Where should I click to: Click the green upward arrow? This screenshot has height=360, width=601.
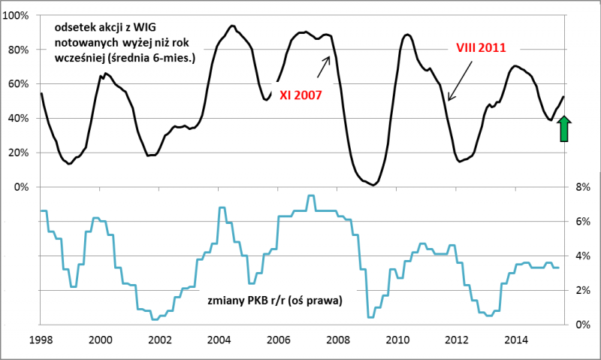click(565, 129)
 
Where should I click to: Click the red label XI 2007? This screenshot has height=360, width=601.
click(300, 95)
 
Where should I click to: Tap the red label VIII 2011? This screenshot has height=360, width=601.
click(481, 48)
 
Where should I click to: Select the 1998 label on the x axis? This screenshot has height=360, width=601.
click(41, 339)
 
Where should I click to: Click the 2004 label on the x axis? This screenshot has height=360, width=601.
click(218, 339)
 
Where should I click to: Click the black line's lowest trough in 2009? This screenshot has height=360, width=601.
click(373, 184)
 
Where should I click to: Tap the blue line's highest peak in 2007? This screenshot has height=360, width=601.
click(310, 195)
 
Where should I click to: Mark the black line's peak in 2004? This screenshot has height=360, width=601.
click(231, 26)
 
